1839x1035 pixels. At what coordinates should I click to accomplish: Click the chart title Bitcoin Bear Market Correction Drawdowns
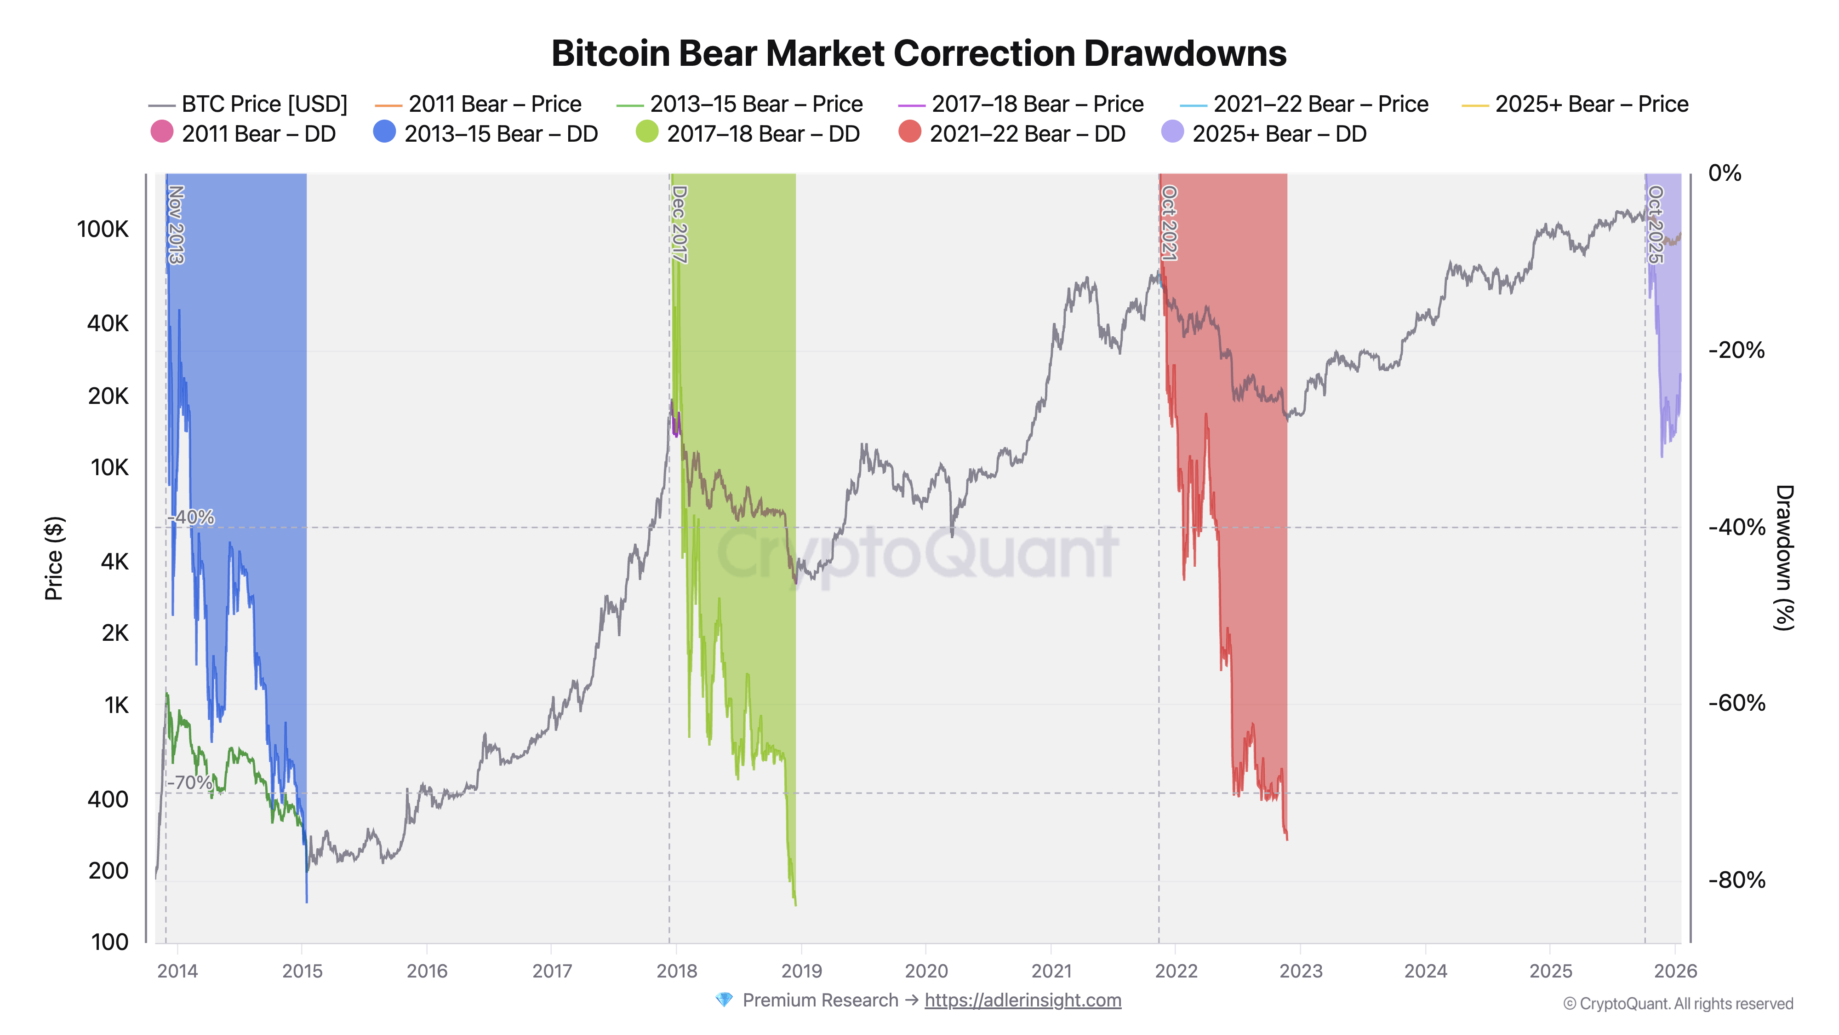coord(919,53)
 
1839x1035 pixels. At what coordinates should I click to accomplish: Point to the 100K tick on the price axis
coord(103,229)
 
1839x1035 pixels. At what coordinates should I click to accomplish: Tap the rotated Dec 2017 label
coord(680,224)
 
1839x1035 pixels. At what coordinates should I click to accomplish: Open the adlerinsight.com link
coord(1022,1000)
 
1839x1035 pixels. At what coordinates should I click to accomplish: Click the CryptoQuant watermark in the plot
coord(917,553)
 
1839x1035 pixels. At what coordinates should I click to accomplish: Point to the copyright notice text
coord(1678,1004)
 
